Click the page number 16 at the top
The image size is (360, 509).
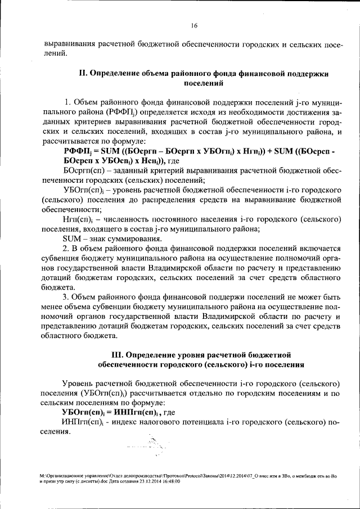pyautogui.click(x=194, y=25)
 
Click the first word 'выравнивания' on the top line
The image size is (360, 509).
pyautogui.click(x=68, y=44)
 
